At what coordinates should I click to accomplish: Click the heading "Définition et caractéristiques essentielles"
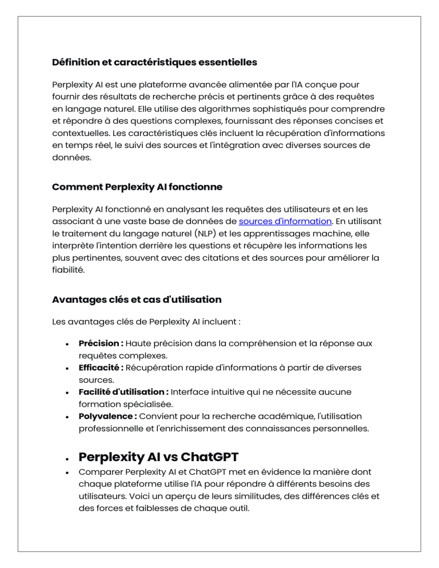coord(154,62)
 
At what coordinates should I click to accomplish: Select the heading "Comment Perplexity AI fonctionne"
coord(137,187)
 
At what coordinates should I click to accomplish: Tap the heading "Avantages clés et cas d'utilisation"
coord(137,299)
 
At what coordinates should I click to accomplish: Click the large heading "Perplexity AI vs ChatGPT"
coord(158,458)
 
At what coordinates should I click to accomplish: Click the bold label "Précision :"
coord(101,343)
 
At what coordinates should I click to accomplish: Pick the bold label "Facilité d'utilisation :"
coord(123,392)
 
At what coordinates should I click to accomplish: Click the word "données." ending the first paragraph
coord(69,158)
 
